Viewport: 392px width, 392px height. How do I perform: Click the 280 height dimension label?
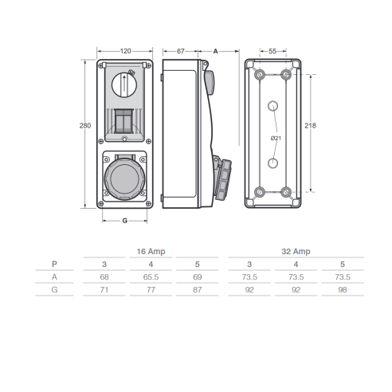click(85, 126)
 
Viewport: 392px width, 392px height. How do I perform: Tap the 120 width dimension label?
click(125, 51)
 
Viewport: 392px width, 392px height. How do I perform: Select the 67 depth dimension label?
click(181, 51)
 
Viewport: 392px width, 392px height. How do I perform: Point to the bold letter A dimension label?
click(215, 51)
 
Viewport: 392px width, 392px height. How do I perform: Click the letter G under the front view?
click(125, 221)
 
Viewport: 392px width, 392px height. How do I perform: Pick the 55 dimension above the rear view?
click(272, 51)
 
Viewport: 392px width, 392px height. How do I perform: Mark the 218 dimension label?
click(310, 126)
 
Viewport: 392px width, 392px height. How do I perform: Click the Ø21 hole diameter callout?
click(276, 138)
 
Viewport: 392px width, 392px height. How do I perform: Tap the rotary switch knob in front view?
click(124, 85)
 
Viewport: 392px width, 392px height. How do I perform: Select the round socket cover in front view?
click(124, 178)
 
